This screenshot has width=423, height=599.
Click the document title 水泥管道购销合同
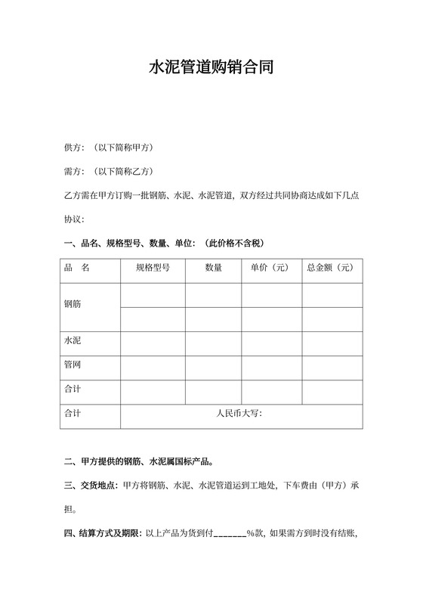[x=211, y=67]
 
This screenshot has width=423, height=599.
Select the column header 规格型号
[x=153, y=268]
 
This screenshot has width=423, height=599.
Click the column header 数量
[x=213, y=268]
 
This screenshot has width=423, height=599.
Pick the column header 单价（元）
[x=271, y=268]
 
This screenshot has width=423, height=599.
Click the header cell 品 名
[x=78, y=268]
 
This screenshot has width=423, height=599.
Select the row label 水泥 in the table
[x=73, y=341]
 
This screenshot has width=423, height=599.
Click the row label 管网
[x=73, y=365]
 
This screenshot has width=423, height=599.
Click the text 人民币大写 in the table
[x=239, y=414]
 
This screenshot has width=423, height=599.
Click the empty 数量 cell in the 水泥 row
[x=213, y=343]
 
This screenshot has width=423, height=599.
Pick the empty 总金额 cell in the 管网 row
[x=332, y=367]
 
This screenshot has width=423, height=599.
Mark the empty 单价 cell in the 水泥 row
[x=271, y=343]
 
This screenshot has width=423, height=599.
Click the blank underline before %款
[x=230, y=535]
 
